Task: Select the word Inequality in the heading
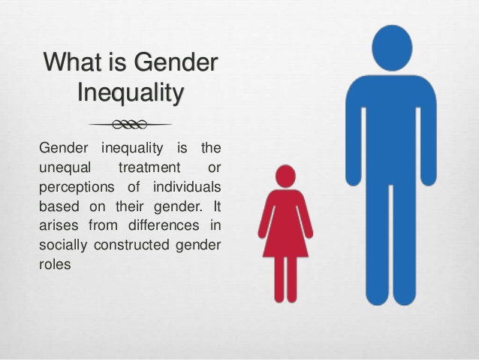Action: coord(131,93)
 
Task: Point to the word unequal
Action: coord(63,166)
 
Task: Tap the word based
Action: coord(58,205)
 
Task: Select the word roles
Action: coord(55,265)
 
